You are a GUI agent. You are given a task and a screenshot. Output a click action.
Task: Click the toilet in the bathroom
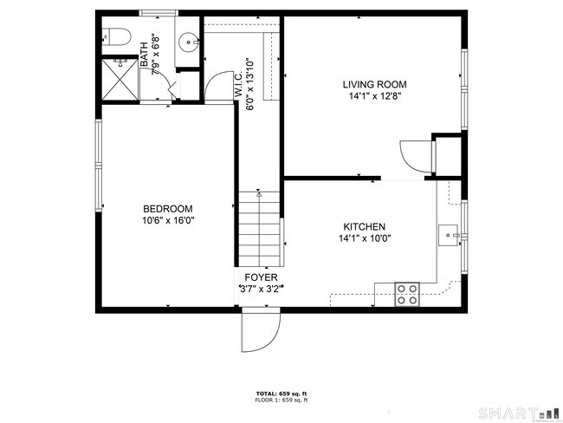[114, 37]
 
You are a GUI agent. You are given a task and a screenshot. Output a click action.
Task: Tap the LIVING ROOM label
[374, 85]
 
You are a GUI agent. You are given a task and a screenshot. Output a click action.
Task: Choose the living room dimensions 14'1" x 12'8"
[374, 96]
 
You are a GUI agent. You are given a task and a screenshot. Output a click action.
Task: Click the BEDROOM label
[167, 209]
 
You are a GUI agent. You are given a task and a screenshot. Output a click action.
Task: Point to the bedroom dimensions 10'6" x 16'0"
[167, 220]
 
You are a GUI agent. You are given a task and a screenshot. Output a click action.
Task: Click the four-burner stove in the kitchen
[407, 295]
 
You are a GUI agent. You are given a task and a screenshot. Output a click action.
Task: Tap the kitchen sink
[448, 233]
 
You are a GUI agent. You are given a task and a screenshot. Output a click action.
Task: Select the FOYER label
[260, 277]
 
